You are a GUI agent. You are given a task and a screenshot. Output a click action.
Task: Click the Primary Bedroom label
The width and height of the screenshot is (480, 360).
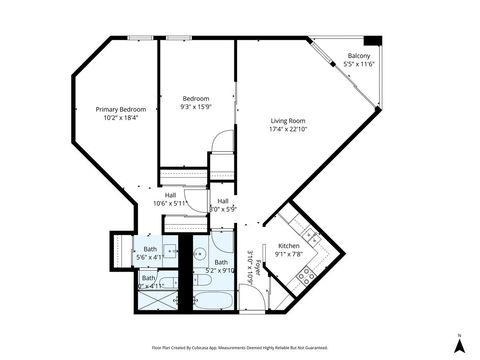[x=120, y=109]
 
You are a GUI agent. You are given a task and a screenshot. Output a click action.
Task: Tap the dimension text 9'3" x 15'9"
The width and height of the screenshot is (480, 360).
[x=195, y=107]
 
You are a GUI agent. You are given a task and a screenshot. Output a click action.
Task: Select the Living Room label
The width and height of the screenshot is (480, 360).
[x=288, y=121]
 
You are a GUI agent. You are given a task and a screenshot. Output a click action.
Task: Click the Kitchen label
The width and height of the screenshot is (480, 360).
[x=288, y=245]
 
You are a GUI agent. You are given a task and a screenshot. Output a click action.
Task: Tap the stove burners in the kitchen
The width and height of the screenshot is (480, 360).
[x=309, y=272]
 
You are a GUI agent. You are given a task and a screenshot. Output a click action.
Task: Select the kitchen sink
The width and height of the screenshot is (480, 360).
[x=313, y=238]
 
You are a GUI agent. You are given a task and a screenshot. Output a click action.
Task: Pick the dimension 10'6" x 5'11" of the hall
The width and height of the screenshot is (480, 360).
[x=170, y=203]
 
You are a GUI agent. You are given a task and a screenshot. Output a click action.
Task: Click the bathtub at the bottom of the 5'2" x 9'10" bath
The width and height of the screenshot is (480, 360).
[x=213, y=297]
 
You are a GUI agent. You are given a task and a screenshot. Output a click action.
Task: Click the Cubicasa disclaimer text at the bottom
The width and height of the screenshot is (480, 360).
[x=239, y=347]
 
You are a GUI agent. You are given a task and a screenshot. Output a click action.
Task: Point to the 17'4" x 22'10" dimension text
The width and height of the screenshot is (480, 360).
[x=288, y=129]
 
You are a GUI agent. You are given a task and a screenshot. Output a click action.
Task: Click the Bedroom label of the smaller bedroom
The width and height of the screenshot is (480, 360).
[x=195, y=98]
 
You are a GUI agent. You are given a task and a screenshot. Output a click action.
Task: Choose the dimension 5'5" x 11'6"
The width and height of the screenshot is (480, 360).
[x=359, y=63]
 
